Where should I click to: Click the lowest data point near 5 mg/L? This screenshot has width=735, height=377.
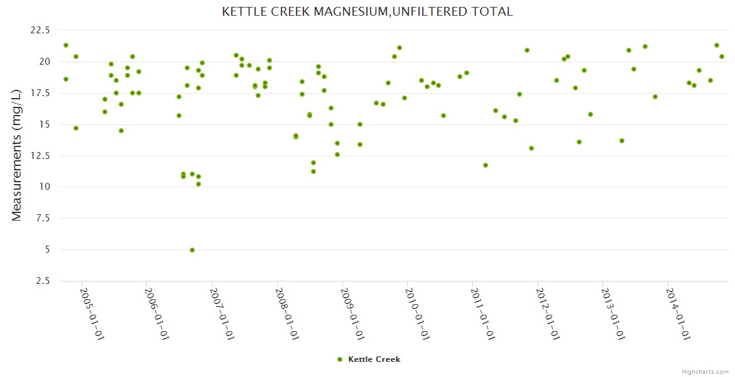click(x=192, y=250)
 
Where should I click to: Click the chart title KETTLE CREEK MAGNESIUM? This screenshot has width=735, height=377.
click(x=367, y=11)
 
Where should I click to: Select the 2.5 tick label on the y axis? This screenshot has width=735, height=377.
click(x=43, y=281)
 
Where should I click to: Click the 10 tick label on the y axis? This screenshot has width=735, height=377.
click(x=45, y=187)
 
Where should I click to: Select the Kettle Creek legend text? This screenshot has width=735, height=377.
click(x=374, y=359)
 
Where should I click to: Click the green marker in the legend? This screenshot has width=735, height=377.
click(x=340, y=359)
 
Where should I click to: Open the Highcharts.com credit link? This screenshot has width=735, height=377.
click(x=705, y=371)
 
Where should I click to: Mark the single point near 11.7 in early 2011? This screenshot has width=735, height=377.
click(x=486, y=165)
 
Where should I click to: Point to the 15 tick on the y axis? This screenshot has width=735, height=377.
click(x=45, y=124)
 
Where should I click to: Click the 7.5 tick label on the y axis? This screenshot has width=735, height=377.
click(x=43, y=218)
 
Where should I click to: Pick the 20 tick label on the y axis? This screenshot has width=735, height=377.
click(x=45, y=62)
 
